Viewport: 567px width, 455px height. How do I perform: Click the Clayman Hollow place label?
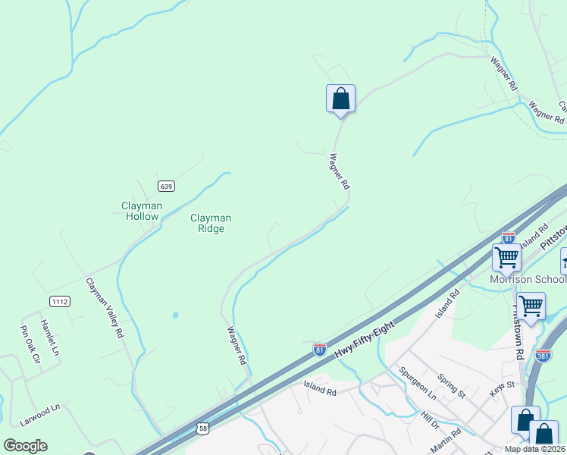[x=141, y=210]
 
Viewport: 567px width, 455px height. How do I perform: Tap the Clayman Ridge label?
[x=210, y=223]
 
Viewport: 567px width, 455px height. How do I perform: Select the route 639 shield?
[x=167, y=186]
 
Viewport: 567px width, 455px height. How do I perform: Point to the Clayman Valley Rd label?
[x=105, y=307]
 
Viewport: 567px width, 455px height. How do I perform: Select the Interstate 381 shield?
[x=542, y=354]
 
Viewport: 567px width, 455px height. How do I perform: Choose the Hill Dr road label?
[x=430, y=418]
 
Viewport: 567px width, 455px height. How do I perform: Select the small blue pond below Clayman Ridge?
[x=175, y=315]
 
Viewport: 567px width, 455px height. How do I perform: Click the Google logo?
[x=25, y=446]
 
